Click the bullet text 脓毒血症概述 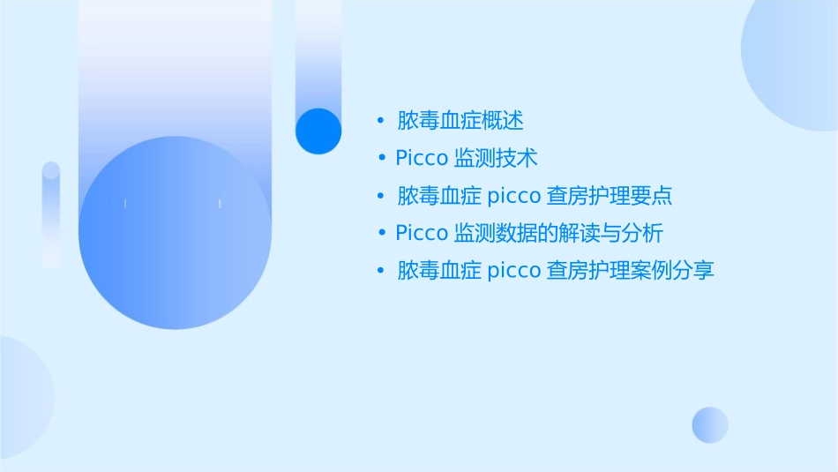click(x=461, y=120)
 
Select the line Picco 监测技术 click(x=467, y=158)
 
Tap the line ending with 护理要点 click(x=535, y=195)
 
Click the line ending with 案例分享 click(x=556, y=271)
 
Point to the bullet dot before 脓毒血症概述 click(x=380, y=120)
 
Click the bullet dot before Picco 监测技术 click(x=380, y=158)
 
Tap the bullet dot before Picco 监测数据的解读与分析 click(x=380, y=233)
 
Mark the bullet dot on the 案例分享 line click(x=380, y=271)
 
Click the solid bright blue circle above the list click(x=318, y=131)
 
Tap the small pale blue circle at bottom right click(x=710, y=424)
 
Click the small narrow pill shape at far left click(x=51, y=214)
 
